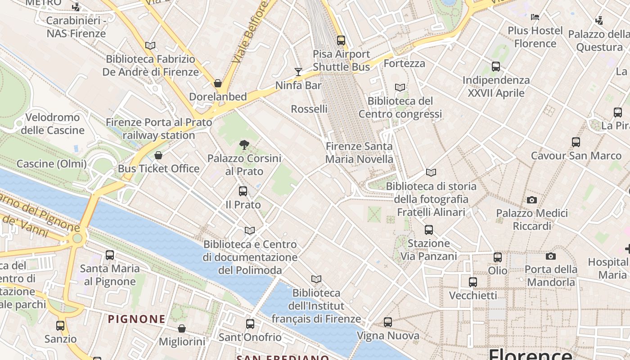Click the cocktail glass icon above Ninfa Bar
click(298, 72)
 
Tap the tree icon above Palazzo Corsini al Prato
click(244, 144)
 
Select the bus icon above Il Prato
click(243, 191)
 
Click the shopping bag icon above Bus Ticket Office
click(158, 155)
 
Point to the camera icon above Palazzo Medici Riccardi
click(532, 200)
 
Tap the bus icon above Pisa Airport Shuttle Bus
click(341, 40)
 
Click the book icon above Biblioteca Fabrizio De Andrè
click(150, 45)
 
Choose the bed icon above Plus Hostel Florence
click(535, 17)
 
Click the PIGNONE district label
click(136, 319)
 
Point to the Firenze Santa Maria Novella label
click(359, 153)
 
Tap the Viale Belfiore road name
click(250, 31)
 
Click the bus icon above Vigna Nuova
click(388, 322)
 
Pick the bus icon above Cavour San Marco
click(576, 142)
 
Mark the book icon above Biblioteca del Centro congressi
click(400, 87)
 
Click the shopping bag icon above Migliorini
click(182, 328)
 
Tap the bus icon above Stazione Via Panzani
click(429, 230)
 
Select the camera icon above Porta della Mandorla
click(551, 256)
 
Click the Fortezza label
click(405, 63)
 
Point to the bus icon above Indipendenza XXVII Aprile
click(496, 67)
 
